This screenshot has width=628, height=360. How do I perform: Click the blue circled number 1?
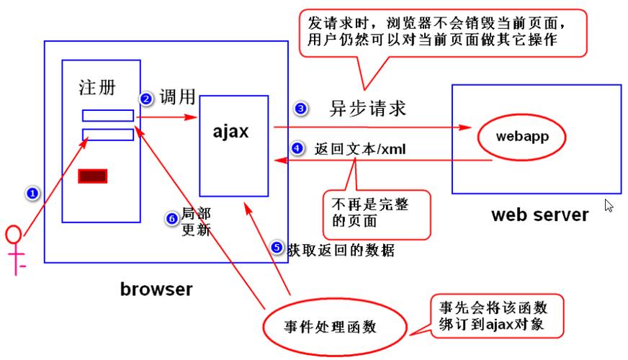30,193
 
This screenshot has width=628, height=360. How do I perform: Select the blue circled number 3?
300,109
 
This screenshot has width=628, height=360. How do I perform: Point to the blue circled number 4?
298,149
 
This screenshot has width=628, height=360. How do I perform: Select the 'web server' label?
539,214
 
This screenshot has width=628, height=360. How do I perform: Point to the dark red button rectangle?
93,175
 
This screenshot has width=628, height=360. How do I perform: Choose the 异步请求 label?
368,109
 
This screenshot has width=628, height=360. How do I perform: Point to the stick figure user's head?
13,235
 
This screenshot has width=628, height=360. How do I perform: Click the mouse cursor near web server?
609,206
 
